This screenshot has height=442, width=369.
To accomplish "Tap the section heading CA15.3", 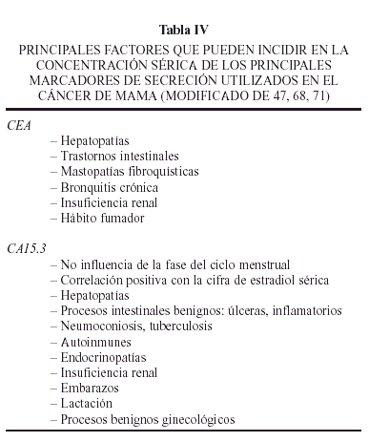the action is coord(27,248).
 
